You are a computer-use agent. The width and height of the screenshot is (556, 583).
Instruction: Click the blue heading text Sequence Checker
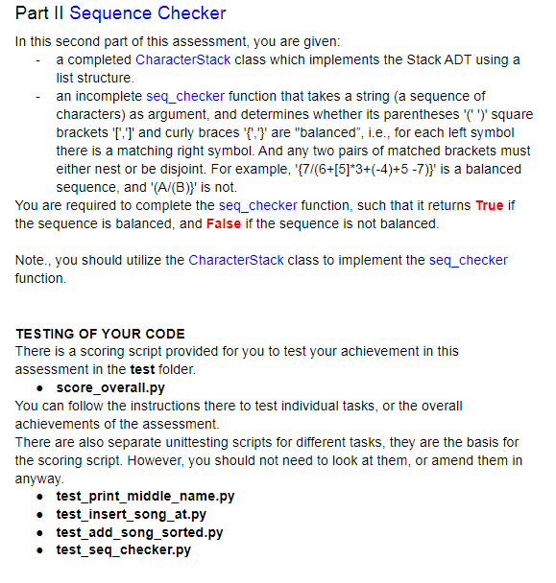tap(148, 13)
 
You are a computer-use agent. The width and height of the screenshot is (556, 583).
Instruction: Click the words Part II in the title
tap(39, 13)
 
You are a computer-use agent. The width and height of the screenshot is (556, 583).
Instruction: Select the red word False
tap(223, 223)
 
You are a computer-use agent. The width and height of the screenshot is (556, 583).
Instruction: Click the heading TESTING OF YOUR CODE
tap(101, 334)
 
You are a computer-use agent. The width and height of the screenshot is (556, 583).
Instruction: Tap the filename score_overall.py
tap(110, 387)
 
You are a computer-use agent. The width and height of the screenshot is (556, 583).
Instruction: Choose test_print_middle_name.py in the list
tap(145, 496)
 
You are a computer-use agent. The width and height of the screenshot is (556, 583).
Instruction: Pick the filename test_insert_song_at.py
tap(132, 514)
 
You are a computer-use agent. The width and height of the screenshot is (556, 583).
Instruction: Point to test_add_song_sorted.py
tap(139, 531)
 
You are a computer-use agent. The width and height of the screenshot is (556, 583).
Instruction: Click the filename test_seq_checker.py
tap(124, 549)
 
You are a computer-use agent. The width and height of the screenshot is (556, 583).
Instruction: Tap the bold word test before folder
tap(143, 369)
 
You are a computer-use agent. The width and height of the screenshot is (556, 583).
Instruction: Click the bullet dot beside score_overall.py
tap(37, 387)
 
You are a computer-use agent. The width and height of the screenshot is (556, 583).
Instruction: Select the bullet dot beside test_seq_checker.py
tap(37, 549)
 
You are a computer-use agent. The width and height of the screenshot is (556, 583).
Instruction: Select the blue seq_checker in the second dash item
tap(185, 96)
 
